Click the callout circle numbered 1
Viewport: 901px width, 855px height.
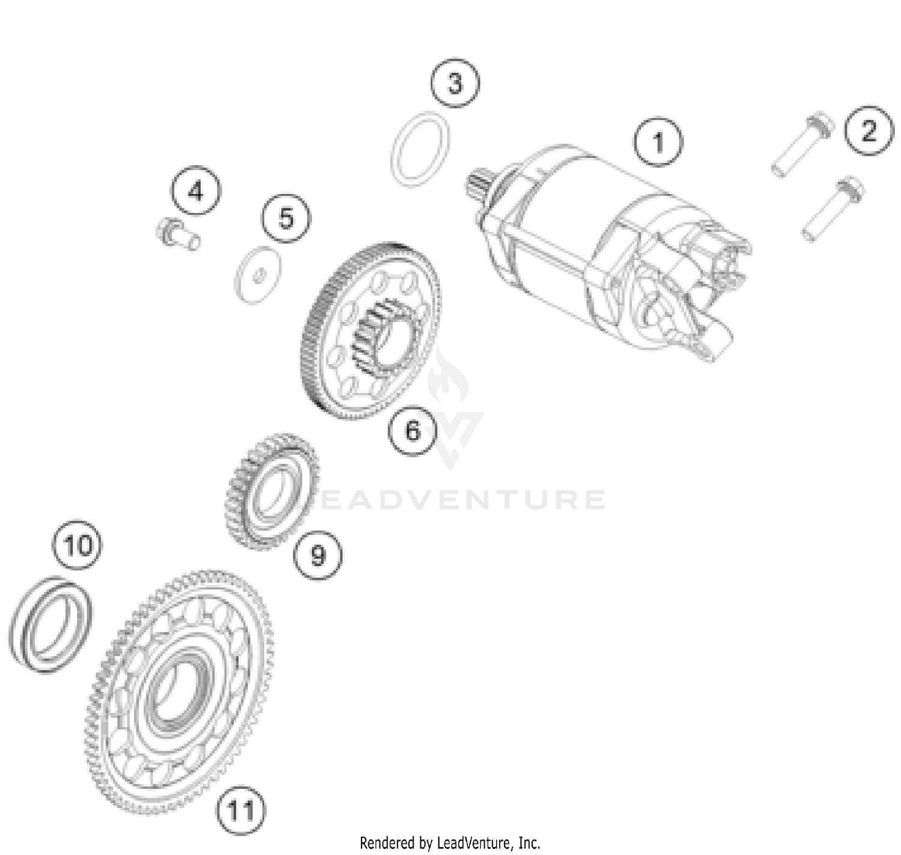[x=658, y=142]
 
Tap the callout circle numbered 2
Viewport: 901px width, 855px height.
[x=869, y=130]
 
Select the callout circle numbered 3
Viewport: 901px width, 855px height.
[x=455, y=82]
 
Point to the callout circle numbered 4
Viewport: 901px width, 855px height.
[x=196, y=191]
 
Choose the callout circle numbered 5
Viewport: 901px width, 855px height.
[x=286, y=218]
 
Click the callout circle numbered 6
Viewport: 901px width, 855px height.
[x=413, y=430]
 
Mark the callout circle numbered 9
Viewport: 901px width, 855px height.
[x=317, y=555]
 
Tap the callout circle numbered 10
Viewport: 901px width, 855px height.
[x=77, y=546]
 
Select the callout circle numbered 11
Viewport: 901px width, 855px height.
[x=241, y=811]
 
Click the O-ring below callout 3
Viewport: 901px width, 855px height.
[x=420, y=149]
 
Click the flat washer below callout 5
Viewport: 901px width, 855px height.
[x=257, y=275]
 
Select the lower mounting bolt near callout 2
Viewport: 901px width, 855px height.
[x=833, y=208]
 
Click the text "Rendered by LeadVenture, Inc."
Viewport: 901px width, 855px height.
[x=450, y=842]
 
